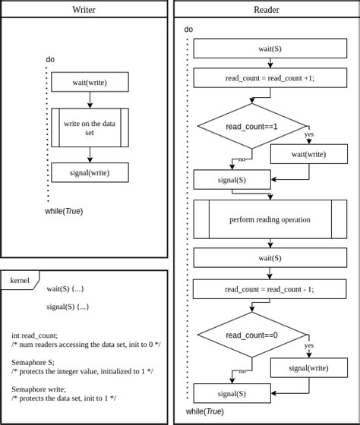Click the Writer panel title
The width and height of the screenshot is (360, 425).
point(84,9)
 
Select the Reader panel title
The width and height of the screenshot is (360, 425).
point(266,9)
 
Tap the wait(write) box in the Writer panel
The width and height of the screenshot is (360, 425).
point(90,82)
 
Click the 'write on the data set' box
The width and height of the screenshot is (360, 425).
point(90,127)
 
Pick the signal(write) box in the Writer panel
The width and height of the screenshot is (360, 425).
point(90,172)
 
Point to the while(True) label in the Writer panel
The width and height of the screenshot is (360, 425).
point(64,211)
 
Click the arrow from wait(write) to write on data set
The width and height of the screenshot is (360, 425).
point(90,99)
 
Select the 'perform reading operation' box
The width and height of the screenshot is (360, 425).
point(270,219)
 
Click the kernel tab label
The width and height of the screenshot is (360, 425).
point(20,281)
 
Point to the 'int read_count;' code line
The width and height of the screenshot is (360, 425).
point(35,335)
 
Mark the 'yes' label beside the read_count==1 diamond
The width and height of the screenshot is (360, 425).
point(309,134)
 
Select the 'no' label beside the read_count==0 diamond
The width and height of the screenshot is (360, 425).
point(242,371)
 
